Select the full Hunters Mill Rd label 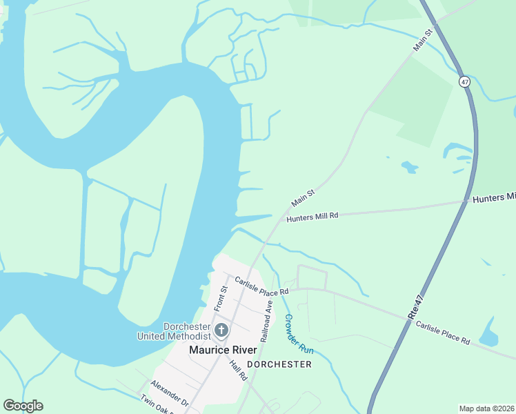(x=312, y=217)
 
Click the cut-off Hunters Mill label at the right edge (x=493, y=198)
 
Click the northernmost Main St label (x=423, y=40)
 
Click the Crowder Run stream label (x=299, y=334)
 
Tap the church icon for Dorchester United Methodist (x=221, y=330)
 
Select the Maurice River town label (x=223, y=351)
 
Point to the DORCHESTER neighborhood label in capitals (x=279, y=364)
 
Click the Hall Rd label (x=238, y=371)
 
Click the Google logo (x=23, y=406)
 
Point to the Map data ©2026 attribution (x=486, y=408)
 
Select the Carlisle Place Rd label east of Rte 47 (x=442, y=332)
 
